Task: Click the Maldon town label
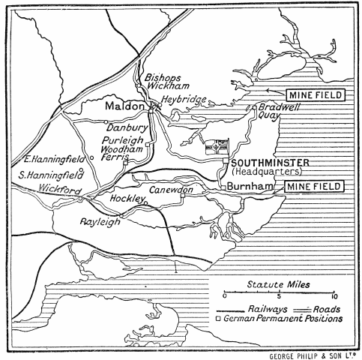(x=124, y=107)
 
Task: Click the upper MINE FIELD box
(x=316, y=95)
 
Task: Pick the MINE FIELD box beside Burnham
(x=316, y=184)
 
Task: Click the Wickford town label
(x=60, y=190)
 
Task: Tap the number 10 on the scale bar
(x=334, y=295)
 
